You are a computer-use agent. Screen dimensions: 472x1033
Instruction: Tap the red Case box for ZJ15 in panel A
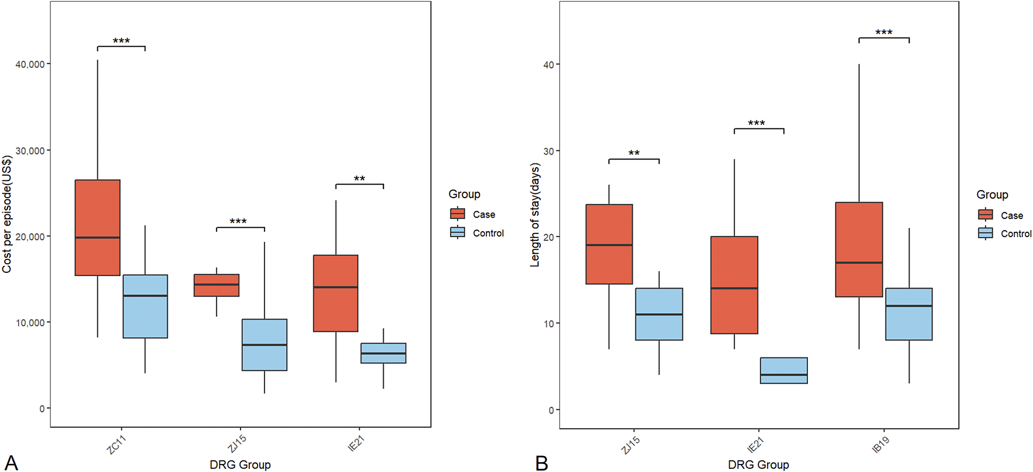tap(217, 285)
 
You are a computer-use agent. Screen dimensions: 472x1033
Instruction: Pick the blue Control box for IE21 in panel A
tap(383, 353)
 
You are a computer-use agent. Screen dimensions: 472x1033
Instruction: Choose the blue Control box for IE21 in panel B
tap(784, 370)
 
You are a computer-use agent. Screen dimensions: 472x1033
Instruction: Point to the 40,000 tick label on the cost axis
tap(30, 64)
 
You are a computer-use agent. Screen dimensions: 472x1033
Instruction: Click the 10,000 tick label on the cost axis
tap(30, 323)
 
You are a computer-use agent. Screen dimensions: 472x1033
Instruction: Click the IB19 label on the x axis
tap(881, 444)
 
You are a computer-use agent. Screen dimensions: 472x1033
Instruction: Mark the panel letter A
tap(11, 462)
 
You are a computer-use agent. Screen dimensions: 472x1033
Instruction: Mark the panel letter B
tap(541, 463)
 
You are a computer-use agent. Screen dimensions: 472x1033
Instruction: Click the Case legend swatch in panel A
tap(458, 214)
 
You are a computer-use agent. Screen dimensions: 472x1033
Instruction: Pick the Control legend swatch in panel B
tap(985, 233)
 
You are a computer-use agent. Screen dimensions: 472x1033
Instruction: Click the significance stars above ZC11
tap(121, 41)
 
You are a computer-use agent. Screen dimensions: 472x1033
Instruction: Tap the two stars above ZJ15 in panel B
tap(634, 153)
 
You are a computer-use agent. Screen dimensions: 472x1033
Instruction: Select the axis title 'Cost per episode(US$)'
tap(7, 214)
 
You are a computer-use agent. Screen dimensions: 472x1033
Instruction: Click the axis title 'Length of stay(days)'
tap(535, 215)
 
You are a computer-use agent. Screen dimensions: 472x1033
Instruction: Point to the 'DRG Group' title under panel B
tap(758, 465)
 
